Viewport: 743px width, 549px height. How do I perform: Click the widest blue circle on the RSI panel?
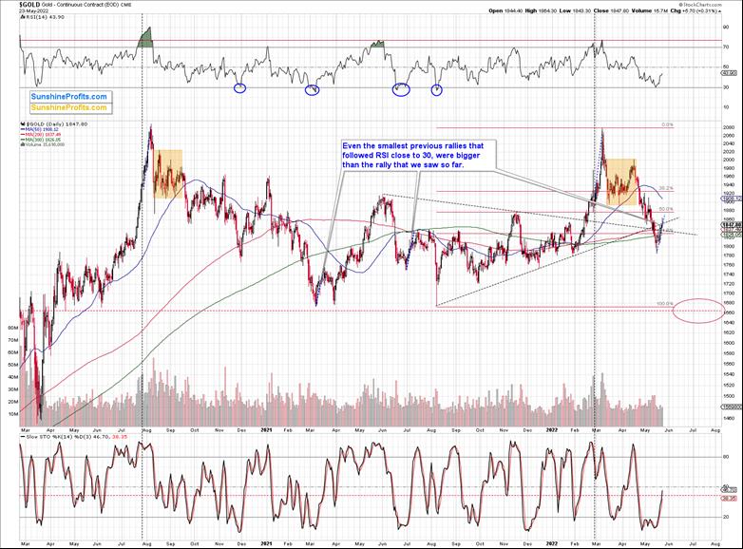click(x=400, y=90)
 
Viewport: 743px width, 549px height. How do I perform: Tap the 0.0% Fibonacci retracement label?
click(x=667, y=124)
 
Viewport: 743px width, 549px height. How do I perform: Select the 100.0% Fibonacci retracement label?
click(x=664, y=304)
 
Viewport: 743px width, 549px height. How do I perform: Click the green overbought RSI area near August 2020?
click(x=145, y=37)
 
